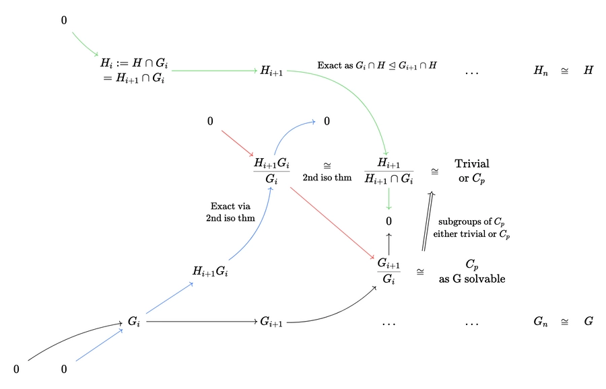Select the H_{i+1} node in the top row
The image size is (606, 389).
pos(271,71)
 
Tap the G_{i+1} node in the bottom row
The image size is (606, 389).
pos(271,322)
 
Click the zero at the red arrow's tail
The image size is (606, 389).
pos(211,122)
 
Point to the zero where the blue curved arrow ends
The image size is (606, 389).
pos(327,122)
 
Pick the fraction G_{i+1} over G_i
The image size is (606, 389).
pos(389,271)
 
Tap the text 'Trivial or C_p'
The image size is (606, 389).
pos(471,170)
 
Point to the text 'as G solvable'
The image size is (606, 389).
pos(471,279)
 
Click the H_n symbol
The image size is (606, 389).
pos(541,71)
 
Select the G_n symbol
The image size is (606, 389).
pos(541,322)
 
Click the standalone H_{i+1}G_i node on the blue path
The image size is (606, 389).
pos(210,271)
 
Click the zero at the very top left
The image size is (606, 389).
pos(65,21)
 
